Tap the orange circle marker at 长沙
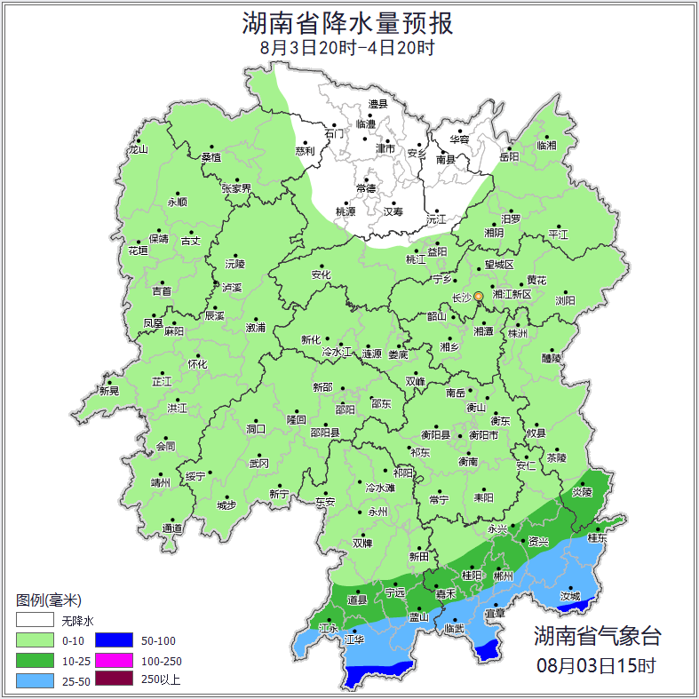tap(479, 296)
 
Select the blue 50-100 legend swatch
tap(114, 639)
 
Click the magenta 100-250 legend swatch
tap(114, 660)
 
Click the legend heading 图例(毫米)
tap(49, 600)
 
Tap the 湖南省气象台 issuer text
tap(597, 636)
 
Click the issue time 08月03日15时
tap(597, 664)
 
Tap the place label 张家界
tap(237, 188)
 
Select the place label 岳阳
tap(509, 156)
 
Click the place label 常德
tap(365, 188)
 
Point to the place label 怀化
tap(197, 364)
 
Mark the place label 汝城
tap(571, 596)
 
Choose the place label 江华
tap(354, 639)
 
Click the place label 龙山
tap(138, 149)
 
